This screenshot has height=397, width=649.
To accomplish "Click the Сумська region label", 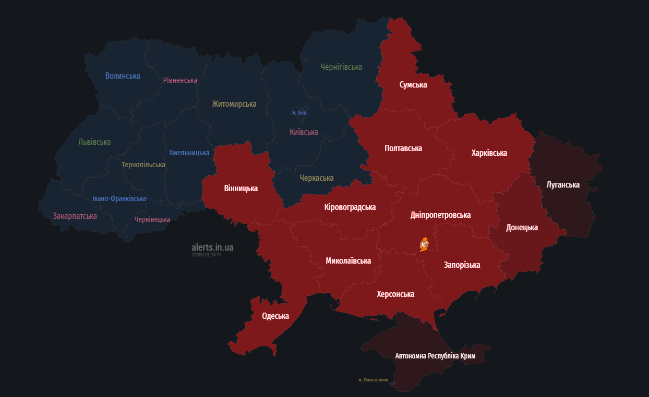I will tap(413, 84).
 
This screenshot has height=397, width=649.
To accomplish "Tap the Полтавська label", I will tap(403, 148).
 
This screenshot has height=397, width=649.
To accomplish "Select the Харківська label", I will tap(489, 153).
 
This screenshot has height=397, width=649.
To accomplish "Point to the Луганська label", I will tap(563, 184).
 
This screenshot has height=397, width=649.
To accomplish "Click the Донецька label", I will tap(522, 228).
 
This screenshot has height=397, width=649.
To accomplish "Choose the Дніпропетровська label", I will tap(440, 215).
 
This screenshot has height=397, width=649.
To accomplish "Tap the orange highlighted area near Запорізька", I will tap(424, 244).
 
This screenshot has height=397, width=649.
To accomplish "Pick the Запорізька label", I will tap(462, 265).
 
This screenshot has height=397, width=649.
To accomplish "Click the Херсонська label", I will tap(395, 294).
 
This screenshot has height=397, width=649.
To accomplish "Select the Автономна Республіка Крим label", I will tap(435, 356).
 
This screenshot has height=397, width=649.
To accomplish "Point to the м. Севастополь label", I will tap(373, 380).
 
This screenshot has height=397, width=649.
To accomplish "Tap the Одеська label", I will tap(275, 316).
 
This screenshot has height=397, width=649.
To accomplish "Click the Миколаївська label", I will tap(348, 260).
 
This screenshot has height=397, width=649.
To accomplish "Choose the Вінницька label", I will tap(241, 188).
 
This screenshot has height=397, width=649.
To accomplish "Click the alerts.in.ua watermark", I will tap(212, 247).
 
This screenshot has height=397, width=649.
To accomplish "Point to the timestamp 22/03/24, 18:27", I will tap(207, 255).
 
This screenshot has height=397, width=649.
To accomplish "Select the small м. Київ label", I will tap(299, 113).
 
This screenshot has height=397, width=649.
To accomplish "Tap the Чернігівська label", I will tap(341, 67).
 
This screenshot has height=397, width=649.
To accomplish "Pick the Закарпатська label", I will tap(75, 216).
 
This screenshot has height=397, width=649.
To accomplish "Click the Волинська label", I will tap(123, 76).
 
